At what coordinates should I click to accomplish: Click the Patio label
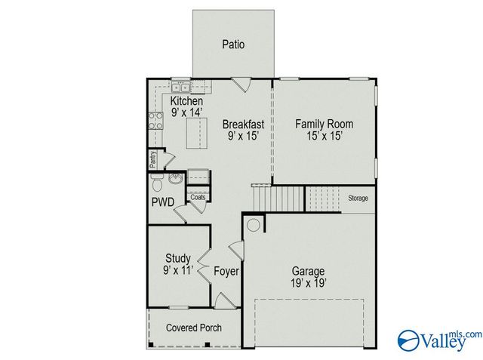click(233, 45)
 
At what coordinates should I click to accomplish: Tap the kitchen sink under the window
click(181, 85)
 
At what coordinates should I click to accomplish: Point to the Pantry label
click(152, 159)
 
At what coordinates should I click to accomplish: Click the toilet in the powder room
click(156, 183)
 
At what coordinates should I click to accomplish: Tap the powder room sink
click(174, 180)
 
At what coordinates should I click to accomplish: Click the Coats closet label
click(198, 197)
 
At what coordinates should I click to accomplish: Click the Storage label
click(358, 198)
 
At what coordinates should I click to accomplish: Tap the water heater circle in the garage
click(254, 225)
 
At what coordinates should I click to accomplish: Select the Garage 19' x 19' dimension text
click(309, 283)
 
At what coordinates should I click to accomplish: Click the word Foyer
click(226, 271)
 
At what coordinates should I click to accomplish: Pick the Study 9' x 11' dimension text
click(178, 270)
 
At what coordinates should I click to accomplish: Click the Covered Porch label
click(194, 328)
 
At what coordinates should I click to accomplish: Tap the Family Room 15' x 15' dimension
click(324, 136)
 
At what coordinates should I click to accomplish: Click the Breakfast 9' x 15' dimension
click(242, 137)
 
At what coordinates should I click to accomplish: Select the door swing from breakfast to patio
click(241, 85)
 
